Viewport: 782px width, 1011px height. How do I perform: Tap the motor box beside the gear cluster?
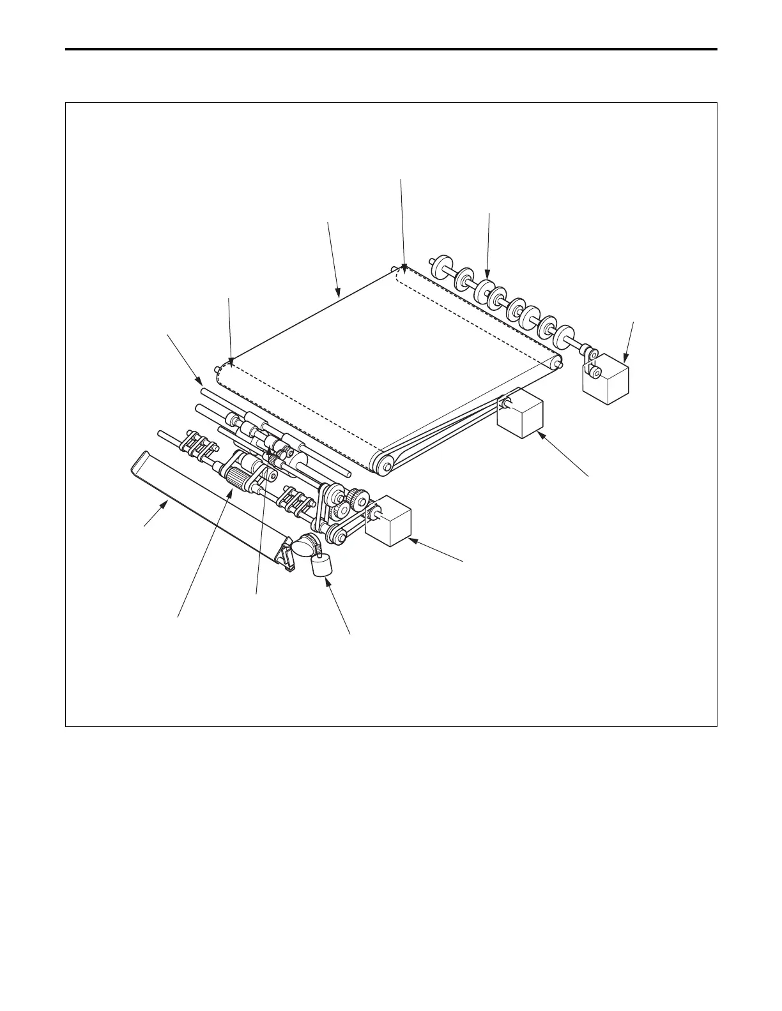tap(388, 523)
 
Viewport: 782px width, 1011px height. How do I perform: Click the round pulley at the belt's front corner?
tap(385, 465)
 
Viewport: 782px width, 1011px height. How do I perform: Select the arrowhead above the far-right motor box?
tap(625, 361)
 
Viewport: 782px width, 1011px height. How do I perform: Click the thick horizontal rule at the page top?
tap(391, 49)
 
